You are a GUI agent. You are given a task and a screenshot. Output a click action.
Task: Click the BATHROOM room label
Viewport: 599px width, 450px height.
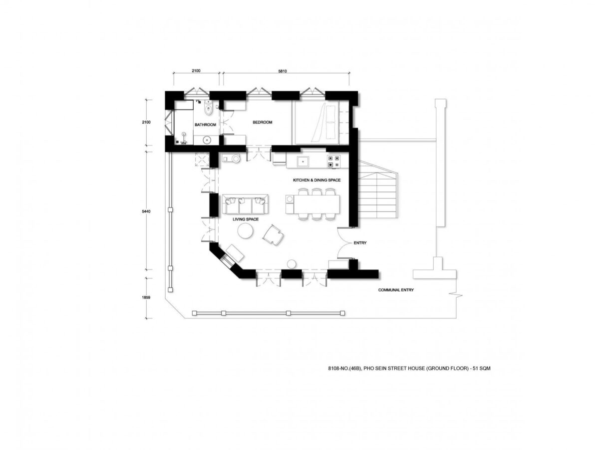tap(205, 124)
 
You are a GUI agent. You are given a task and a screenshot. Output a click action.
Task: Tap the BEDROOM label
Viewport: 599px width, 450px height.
tap(262, 122)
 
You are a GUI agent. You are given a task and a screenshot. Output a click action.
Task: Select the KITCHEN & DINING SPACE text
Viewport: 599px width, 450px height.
tap(316, 180)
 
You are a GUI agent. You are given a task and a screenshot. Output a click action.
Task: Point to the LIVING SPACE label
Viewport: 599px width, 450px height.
tap(245, 219)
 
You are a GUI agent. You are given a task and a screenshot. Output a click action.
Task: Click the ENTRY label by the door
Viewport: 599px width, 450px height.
tap(360, 242)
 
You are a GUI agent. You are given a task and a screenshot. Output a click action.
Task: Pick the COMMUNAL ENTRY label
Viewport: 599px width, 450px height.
tap(396, 290)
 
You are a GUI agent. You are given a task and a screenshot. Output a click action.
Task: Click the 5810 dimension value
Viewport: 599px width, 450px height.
tap(283, 71)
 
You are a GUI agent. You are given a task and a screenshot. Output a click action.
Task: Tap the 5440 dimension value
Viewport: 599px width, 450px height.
tap(146, 211)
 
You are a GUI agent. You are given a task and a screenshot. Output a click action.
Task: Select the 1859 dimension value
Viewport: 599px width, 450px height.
tap(146, 297)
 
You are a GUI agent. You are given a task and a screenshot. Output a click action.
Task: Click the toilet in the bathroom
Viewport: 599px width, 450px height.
tap(208, 107)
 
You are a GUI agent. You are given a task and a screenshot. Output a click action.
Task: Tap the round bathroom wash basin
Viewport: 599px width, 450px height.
tap(207, 140)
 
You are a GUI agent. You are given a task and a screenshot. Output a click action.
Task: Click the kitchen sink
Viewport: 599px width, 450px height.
tap(302, 161)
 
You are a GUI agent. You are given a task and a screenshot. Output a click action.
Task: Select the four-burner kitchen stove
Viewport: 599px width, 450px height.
tap(334, 161)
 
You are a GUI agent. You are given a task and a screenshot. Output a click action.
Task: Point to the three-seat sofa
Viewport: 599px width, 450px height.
tap(245, 204)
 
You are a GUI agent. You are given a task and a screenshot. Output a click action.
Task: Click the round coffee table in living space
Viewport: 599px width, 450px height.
tap(245, 231)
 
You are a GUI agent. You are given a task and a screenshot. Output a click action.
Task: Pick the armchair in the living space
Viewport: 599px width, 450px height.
tap(273, 235)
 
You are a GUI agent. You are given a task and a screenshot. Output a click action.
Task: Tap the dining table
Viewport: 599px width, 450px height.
tap(316, 204)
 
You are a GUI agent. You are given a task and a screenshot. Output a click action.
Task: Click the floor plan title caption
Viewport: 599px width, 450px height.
tap(409, 368)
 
